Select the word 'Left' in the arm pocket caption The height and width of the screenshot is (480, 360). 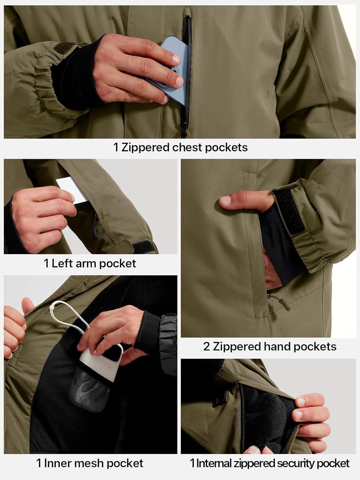click(62, 263)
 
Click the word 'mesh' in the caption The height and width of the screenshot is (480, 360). click(90, 463)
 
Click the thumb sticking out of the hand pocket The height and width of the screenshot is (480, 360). click(243, 200)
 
